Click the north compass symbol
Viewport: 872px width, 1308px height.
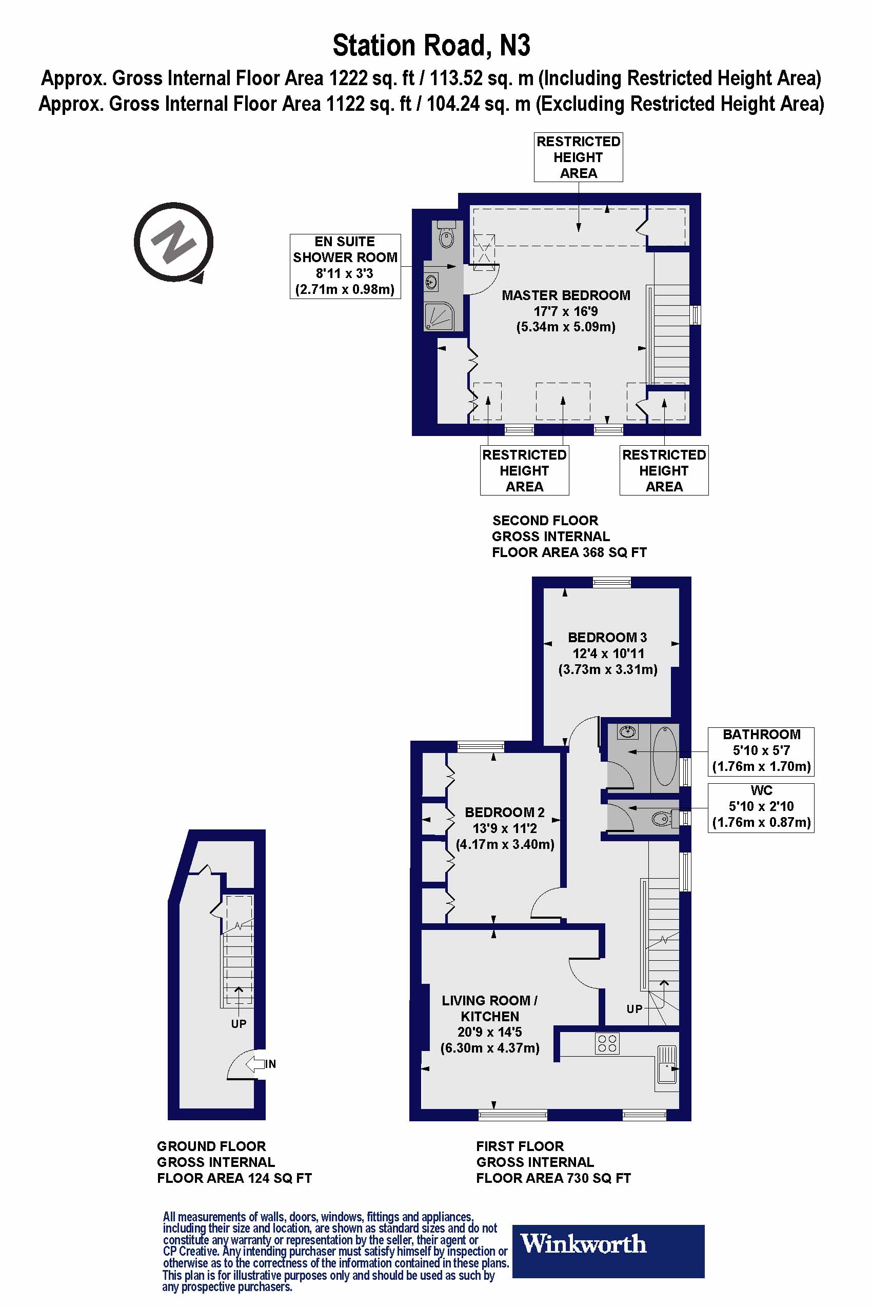173,242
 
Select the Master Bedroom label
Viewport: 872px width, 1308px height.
566,295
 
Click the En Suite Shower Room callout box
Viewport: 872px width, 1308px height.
345,266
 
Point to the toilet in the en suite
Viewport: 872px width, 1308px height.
446,236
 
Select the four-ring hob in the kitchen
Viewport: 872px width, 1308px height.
607,1044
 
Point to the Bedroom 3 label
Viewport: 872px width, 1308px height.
607,637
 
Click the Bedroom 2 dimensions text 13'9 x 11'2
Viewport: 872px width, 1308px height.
504,828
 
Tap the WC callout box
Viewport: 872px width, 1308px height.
761,807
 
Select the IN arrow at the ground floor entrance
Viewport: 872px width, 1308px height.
256,1064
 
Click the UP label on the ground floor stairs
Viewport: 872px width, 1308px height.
239,1024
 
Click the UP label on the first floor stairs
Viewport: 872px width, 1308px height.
634,1009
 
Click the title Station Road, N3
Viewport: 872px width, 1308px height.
431,46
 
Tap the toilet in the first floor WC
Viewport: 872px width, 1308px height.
662,818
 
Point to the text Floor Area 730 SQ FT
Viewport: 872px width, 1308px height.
553,1178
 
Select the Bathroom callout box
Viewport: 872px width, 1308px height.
761,751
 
